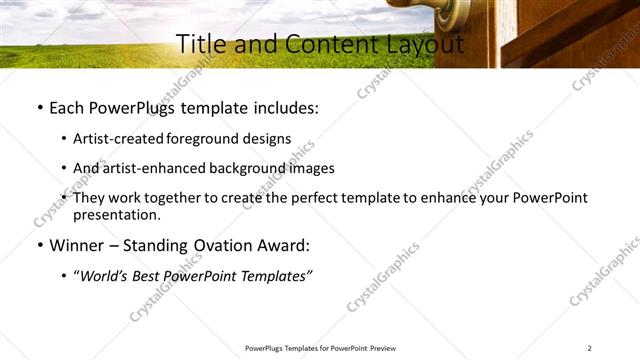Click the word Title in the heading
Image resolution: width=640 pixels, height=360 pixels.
pos(198,44)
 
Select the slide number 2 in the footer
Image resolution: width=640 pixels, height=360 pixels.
pos(590,348)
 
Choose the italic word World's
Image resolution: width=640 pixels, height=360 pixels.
pos(108,275)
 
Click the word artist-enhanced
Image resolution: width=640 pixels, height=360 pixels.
pos(151,168)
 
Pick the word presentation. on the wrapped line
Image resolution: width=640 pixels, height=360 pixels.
pos(116,215)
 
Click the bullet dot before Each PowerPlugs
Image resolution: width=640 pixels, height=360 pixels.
pos(38,106)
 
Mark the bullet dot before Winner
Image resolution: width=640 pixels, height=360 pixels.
pos(38,245)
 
